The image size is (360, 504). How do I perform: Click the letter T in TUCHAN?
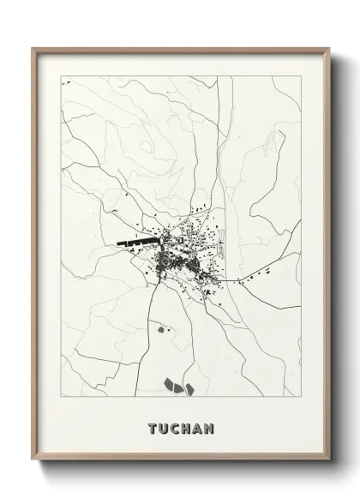[152, 428]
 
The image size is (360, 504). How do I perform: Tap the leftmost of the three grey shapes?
[167, 382]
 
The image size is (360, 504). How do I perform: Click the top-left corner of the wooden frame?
[33, 49]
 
